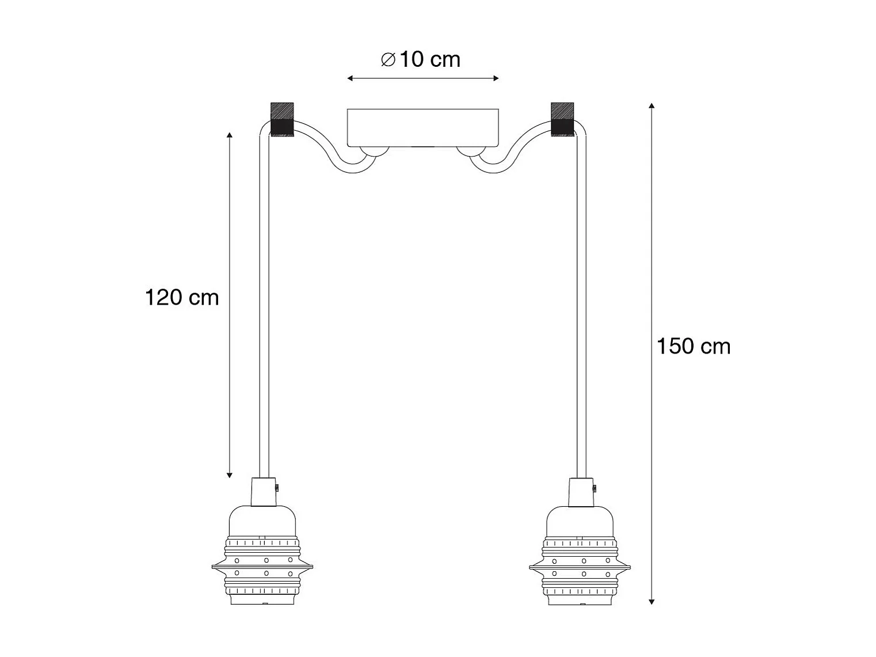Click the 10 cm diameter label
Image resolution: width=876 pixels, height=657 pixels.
pos(420,59)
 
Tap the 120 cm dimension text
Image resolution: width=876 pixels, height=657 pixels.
pos(182,298)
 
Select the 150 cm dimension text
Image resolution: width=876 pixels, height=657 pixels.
pos(694,346)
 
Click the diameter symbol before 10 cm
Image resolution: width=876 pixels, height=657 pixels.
pos(388,60)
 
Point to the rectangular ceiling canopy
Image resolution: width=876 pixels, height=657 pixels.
pos(422,127)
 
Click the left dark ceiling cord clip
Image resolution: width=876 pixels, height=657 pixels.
pos(282,119)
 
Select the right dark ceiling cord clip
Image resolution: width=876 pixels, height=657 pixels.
pos(562,119)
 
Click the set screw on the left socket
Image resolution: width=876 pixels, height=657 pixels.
pos(277,487)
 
